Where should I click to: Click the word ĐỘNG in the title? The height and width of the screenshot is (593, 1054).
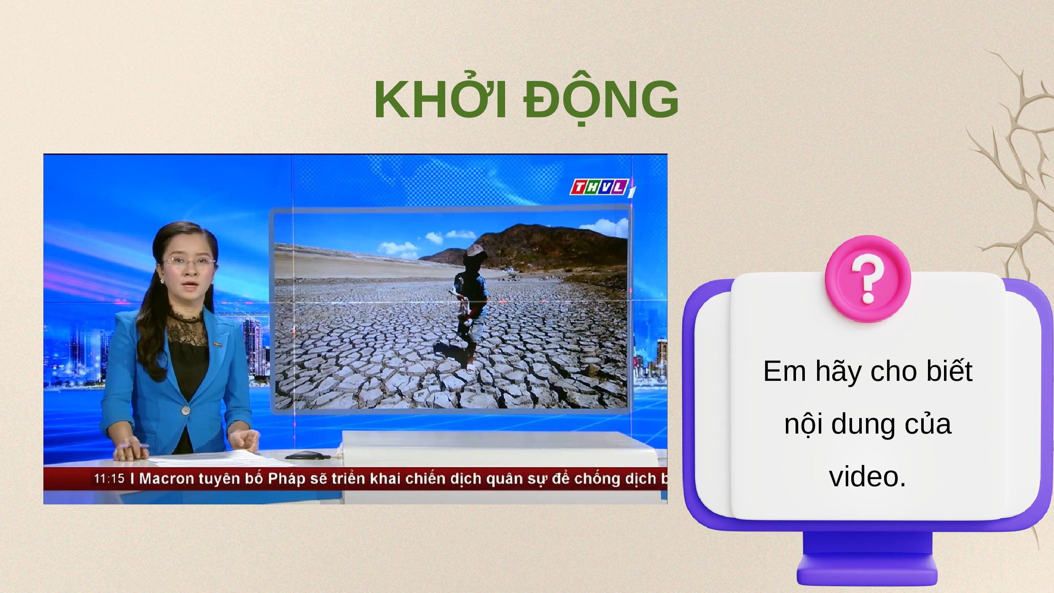(601, 98)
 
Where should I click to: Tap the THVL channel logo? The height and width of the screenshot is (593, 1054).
(602, 188)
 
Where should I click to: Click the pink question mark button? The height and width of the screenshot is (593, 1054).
(868, 279)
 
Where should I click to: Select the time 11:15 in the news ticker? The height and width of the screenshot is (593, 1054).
(109, 478)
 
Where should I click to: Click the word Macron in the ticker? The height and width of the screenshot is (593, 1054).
(167, 478)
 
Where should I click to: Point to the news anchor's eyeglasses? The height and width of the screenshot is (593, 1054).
(188, 261)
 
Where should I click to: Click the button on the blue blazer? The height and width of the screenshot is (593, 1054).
(186, 410)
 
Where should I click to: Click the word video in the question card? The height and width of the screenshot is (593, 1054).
(867, 477)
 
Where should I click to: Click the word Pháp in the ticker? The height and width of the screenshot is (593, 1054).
(286, 479)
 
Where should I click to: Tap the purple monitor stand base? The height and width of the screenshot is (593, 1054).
(867, 569)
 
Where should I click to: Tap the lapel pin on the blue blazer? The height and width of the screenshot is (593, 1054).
(218, 345)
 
